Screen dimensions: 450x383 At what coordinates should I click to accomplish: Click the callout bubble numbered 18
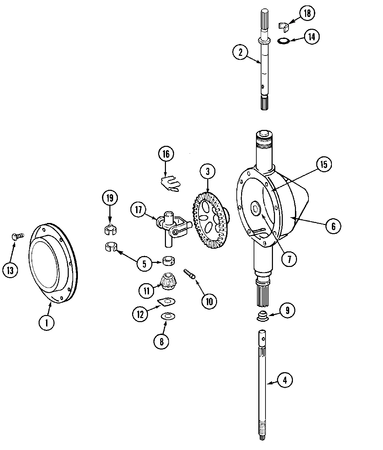(x=307, y=13)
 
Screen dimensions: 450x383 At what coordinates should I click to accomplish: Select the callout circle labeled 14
(x=311, y=37)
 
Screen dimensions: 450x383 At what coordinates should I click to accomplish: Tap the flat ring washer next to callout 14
(x=283, y=41)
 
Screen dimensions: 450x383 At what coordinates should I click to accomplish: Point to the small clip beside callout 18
(x=283, y=25)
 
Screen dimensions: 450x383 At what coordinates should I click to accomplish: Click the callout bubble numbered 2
(x=240, y=52)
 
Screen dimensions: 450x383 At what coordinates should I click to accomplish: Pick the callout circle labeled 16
(x=166, y=154)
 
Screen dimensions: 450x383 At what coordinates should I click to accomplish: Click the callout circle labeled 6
(x=333, y=226)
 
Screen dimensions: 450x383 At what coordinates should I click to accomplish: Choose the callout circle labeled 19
(x=110, y=198)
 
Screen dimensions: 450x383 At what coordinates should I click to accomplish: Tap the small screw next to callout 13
(x=17, y=236)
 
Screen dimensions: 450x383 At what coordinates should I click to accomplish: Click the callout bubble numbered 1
(x=47, y=322)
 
